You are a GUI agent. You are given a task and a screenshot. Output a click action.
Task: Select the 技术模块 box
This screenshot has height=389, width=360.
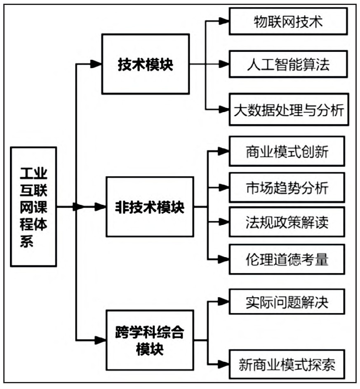point(146,64)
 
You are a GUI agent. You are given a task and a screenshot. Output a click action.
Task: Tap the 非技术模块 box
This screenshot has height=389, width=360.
point(150,207)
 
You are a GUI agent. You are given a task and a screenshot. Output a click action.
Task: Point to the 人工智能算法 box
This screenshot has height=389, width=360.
point(287,64)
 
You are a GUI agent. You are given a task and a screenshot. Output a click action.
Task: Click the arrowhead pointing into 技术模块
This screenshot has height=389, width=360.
point(96,64)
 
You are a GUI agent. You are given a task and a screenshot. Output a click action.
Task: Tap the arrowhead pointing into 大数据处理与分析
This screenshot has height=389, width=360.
point(224,110)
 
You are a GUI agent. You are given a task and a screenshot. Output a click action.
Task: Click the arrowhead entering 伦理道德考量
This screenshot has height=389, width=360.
point(224,259)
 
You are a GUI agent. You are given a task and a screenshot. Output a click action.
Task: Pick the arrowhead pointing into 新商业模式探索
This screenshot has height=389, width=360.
point(224,364)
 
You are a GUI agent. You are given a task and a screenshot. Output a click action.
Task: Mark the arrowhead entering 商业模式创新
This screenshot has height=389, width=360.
point(224,151)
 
